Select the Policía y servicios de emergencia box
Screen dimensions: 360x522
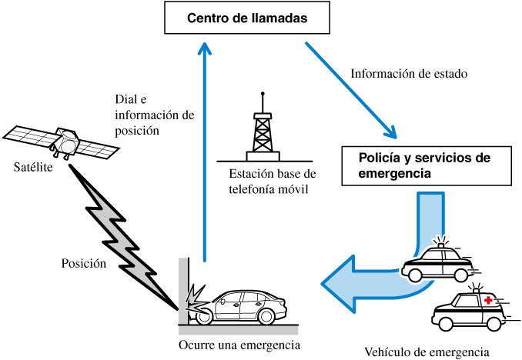tap(425, 165)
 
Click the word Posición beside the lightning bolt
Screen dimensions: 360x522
tap(83, 263)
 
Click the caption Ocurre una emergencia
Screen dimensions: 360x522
tap(239, 344)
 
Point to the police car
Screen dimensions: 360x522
tap(437, 262)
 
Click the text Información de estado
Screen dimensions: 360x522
tap(410, 75)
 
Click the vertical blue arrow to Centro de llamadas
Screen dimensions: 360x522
tap(204, 154)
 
